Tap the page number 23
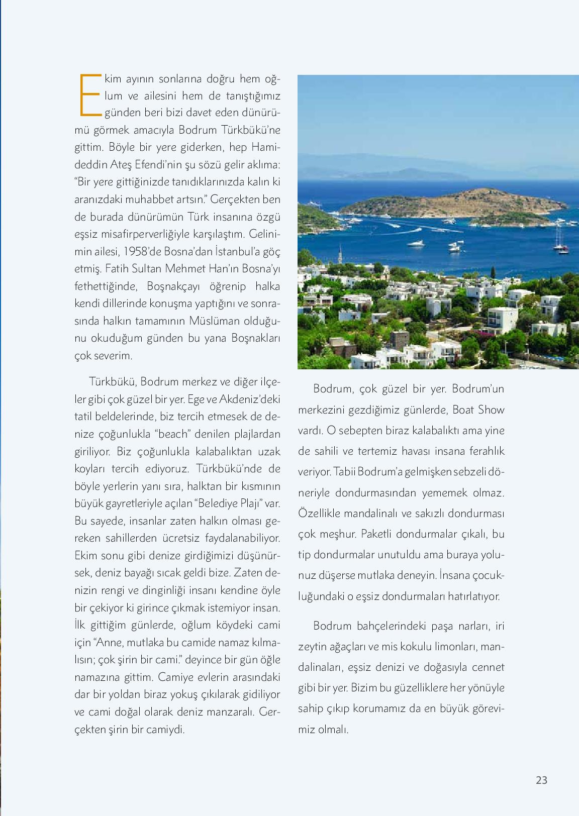(541, 780)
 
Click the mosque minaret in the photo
(340, 254)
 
